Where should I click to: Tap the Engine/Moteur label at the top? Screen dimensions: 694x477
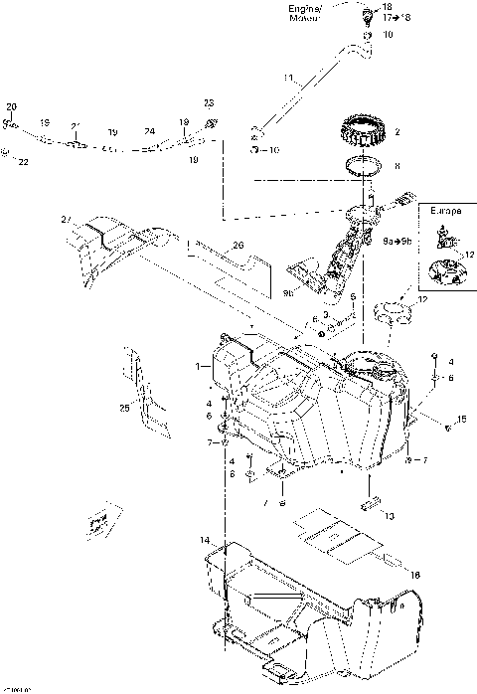click(x=305, y=13)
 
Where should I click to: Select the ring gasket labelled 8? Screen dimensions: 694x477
click(x=364, y=166)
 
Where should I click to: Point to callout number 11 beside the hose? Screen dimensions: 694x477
click(x=288, y=77)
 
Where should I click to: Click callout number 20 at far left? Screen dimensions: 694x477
click(x=12, y=105)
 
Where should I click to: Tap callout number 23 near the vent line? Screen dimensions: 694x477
click(x=209, y=103)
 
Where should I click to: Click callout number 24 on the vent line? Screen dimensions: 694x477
click(x=149, y=131)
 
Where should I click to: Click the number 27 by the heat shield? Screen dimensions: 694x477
click(x=67, y=220)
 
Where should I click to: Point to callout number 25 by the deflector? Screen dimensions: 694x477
click(x=124, y=409)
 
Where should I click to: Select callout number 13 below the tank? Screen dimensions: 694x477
click(x=389, y=517)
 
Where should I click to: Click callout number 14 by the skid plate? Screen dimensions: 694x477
click(x=205, y=540)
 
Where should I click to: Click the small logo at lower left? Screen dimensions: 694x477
click(x=97, y=521)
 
